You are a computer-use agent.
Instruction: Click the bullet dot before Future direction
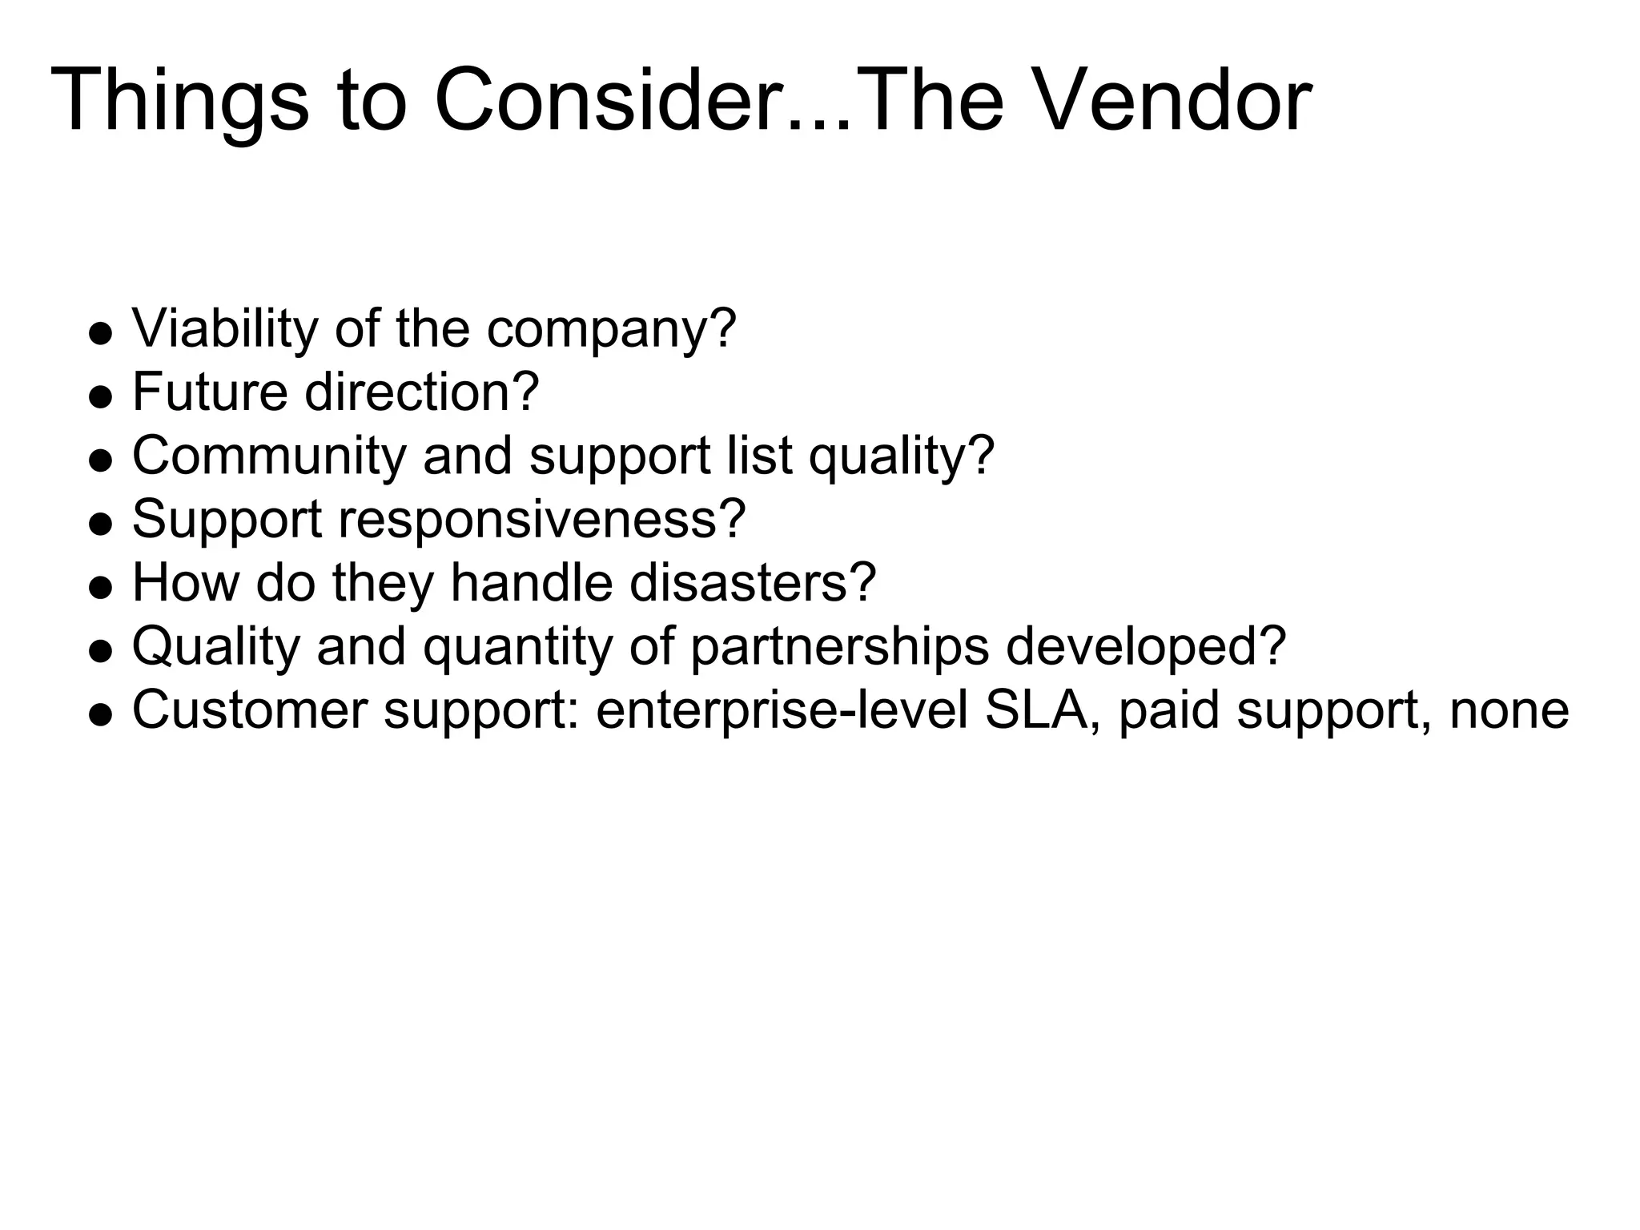point(100,396)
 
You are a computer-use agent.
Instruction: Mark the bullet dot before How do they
point(100,587)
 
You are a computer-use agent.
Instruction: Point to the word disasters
point(753,582)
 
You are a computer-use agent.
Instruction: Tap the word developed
point(1145,647)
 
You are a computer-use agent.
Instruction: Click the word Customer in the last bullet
point(249,710)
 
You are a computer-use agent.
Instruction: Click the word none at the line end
point(1509,710)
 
